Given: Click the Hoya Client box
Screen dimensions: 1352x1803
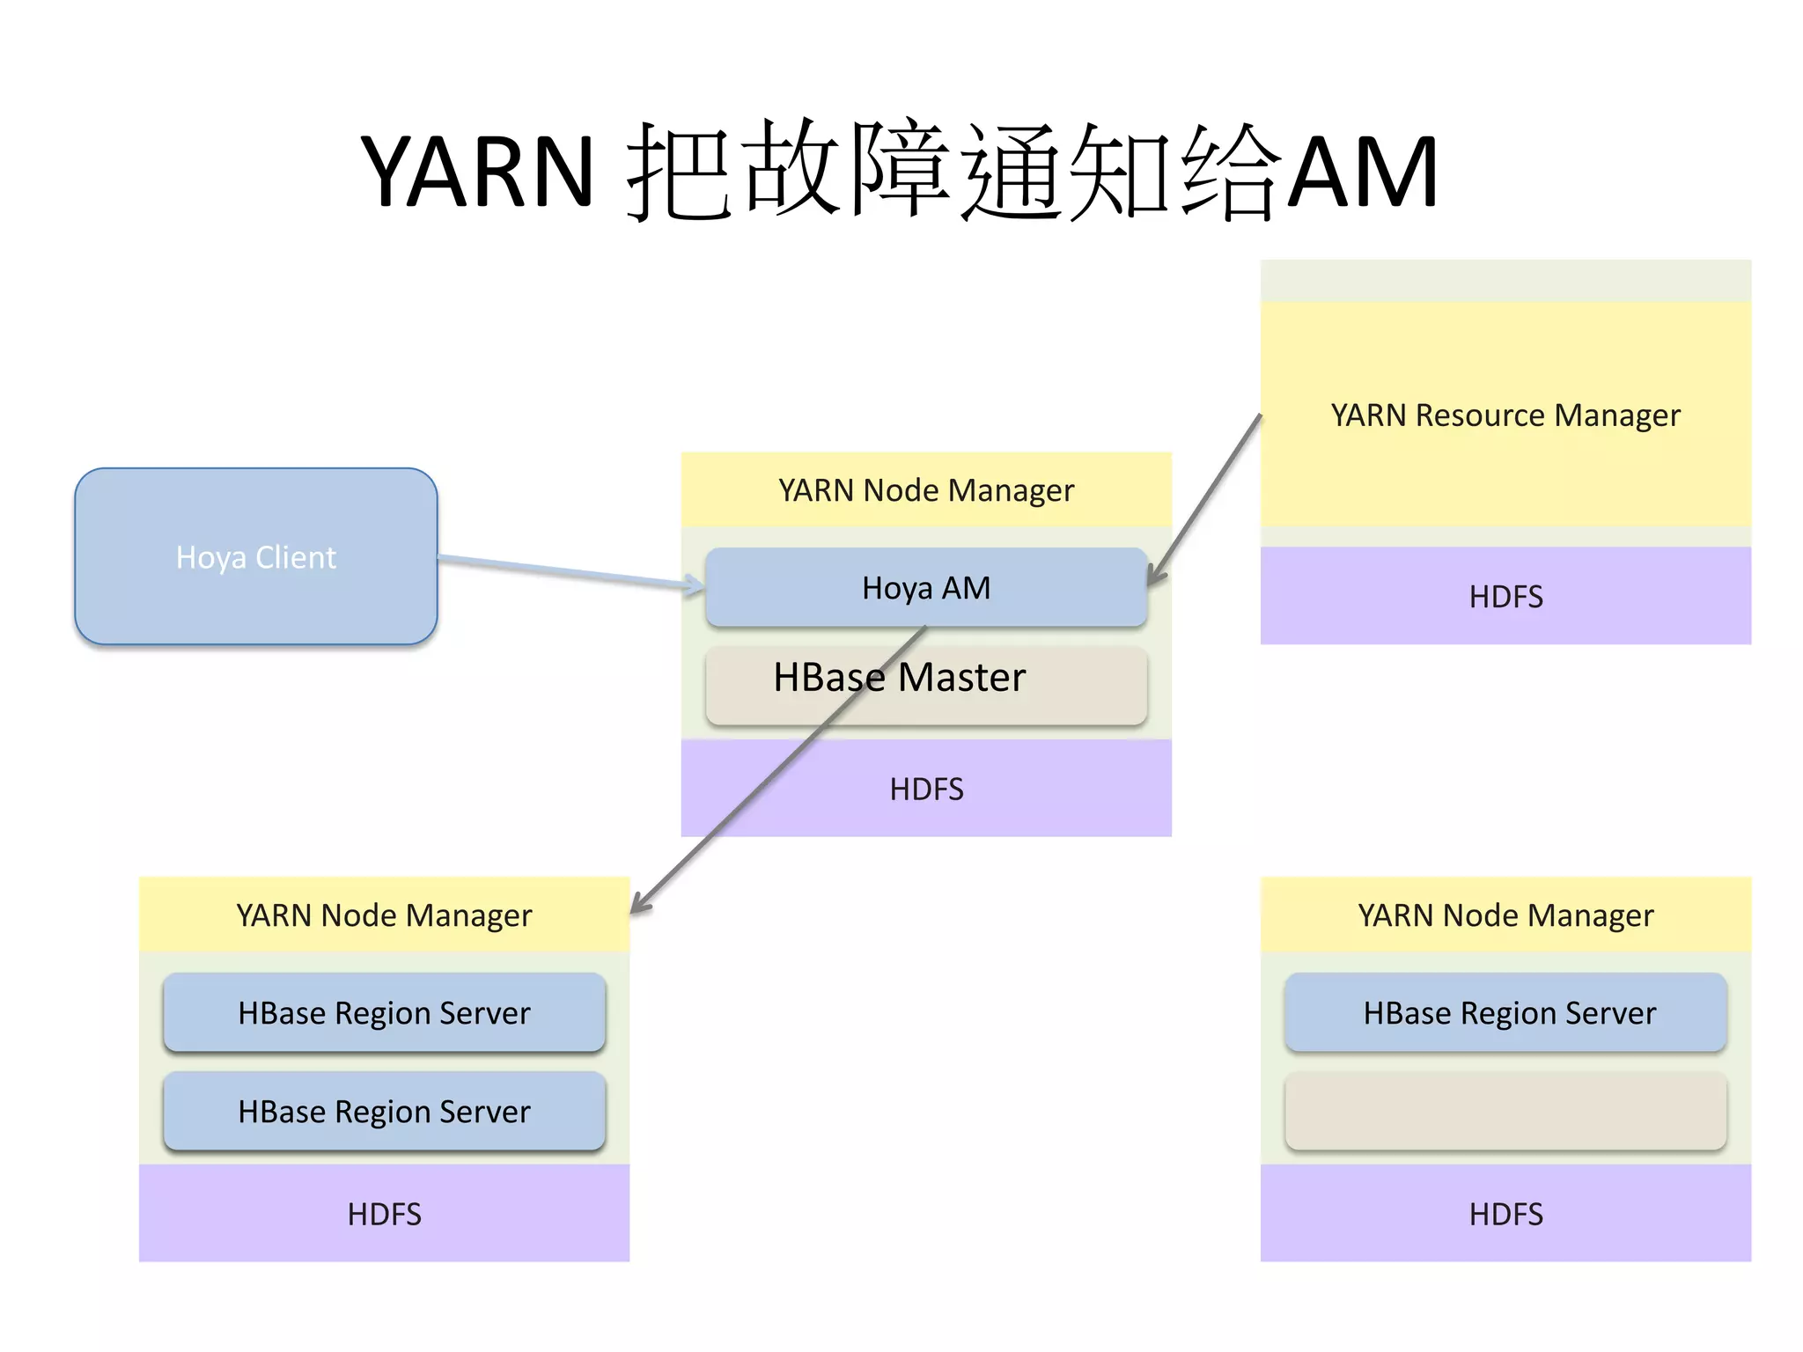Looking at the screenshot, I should [x=255, y=556].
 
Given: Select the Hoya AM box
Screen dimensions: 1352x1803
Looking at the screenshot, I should [x=925, y=587].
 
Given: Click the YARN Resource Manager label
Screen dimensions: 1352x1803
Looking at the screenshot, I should [x=1505, y=415].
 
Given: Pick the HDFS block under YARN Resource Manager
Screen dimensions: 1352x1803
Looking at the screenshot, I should [x=1505, y=596].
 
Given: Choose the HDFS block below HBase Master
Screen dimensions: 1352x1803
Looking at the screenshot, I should [x=925, y=789].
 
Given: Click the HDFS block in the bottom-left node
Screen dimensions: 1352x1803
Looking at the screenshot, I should [x=384, y=1214].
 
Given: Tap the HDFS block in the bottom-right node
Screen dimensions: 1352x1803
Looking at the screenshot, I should [x=1505, y=1214].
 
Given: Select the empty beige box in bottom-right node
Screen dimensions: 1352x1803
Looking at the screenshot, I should [x=1505, y=1111].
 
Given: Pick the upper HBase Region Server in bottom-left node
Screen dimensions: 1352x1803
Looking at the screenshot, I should [x=384, y=1013].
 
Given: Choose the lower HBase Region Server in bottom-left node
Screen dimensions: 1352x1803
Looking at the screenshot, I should [x=384, y=1111].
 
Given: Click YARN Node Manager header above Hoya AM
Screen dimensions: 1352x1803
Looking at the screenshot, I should [x=925, y=490].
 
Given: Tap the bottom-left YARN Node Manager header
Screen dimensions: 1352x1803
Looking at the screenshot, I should [x=384, y=915].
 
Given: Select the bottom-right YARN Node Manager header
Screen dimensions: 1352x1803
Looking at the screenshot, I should [x=1505, y=915].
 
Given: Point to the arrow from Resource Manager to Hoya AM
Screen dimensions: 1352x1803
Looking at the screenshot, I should [x=1206, y=497].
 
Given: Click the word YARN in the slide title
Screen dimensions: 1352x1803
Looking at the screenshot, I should [x=478, y=171].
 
